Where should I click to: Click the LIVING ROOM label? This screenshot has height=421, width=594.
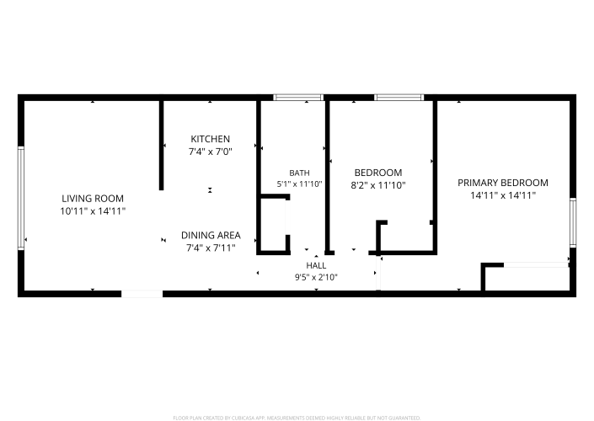(x=93, y=199)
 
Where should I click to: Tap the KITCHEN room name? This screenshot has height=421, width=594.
(x=211, y=139)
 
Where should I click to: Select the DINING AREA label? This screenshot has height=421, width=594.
(x=211, y=235)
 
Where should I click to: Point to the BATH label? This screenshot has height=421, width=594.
(x=299, y=173)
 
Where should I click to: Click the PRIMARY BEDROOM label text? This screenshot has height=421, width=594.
(x=503, y=183)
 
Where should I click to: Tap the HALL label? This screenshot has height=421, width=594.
(x=316, y=265)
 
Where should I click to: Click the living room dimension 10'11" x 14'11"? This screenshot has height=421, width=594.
(x=93, y=211)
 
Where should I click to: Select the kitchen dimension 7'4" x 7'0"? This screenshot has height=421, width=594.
(x=211, y=152)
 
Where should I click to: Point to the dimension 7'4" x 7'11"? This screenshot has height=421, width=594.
(x=211, y=248)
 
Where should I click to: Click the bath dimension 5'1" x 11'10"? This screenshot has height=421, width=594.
(x=299, y=184)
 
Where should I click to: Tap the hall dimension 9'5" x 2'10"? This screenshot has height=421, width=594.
(x=316, y=278)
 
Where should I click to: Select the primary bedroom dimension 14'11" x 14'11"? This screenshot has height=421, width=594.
(x=503, y=195)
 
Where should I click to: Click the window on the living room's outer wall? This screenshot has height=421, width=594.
(x=21, y=198)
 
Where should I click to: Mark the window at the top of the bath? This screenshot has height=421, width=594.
(x=298, y=98)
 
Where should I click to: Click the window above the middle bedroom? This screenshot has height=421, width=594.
(x=399, y=98)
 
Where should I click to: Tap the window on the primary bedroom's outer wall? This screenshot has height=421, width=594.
(x=573, y=222)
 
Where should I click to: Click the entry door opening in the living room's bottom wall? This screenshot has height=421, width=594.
(x=142, y=294)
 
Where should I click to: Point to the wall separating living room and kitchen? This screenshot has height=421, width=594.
(x=162, y=146)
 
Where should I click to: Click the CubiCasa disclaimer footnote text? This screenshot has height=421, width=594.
(x=297, y=418)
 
